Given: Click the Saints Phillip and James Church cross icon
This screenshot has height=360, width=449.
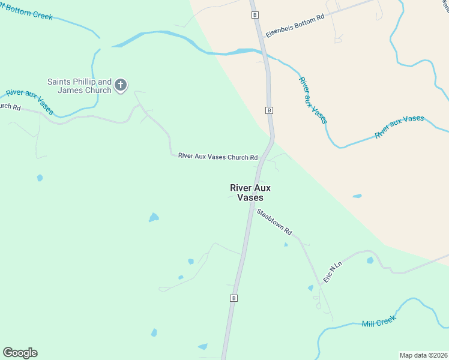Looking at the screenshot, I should point(121,85).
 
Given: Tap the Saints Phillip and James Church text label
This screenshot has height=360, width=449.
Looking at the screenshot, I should point(80,86).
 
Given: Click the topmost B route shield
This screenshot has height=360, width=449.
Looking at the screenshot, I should point(255,14).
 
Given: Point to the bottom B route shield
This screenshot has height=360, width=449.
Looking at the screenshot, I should point(234,298).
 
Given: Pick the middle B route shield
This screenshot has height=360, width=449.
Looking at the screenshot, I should point(270,110).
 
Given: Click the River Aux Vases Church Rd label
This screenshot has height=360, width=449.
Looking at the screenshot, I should point(218,157).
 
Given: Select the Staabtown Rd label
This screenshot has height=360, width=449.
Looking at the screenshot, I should point(274,221).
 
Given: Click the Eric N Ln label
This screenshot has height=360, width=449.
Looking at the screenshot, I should point(332,271).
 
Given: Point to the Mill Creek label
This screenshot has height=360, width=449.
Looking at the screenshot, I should point(378,323).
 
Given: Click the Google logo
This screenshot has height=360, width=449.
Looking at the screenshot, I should point(20,353).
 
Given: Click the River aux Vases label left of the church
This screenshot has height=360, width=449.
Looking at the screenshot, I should point(29,101).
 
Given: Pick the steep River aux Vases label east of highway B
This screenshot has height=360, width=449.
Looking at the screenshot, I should point(313,100).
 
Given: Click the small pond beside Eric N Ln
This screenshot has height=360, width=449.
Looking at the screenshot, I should point(370,260).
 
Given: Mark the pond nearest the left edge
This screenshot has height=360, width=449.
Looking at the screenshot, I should point(40,178).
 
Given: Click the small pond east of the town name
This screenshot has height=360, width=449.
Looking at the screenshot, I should point(357,196).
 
